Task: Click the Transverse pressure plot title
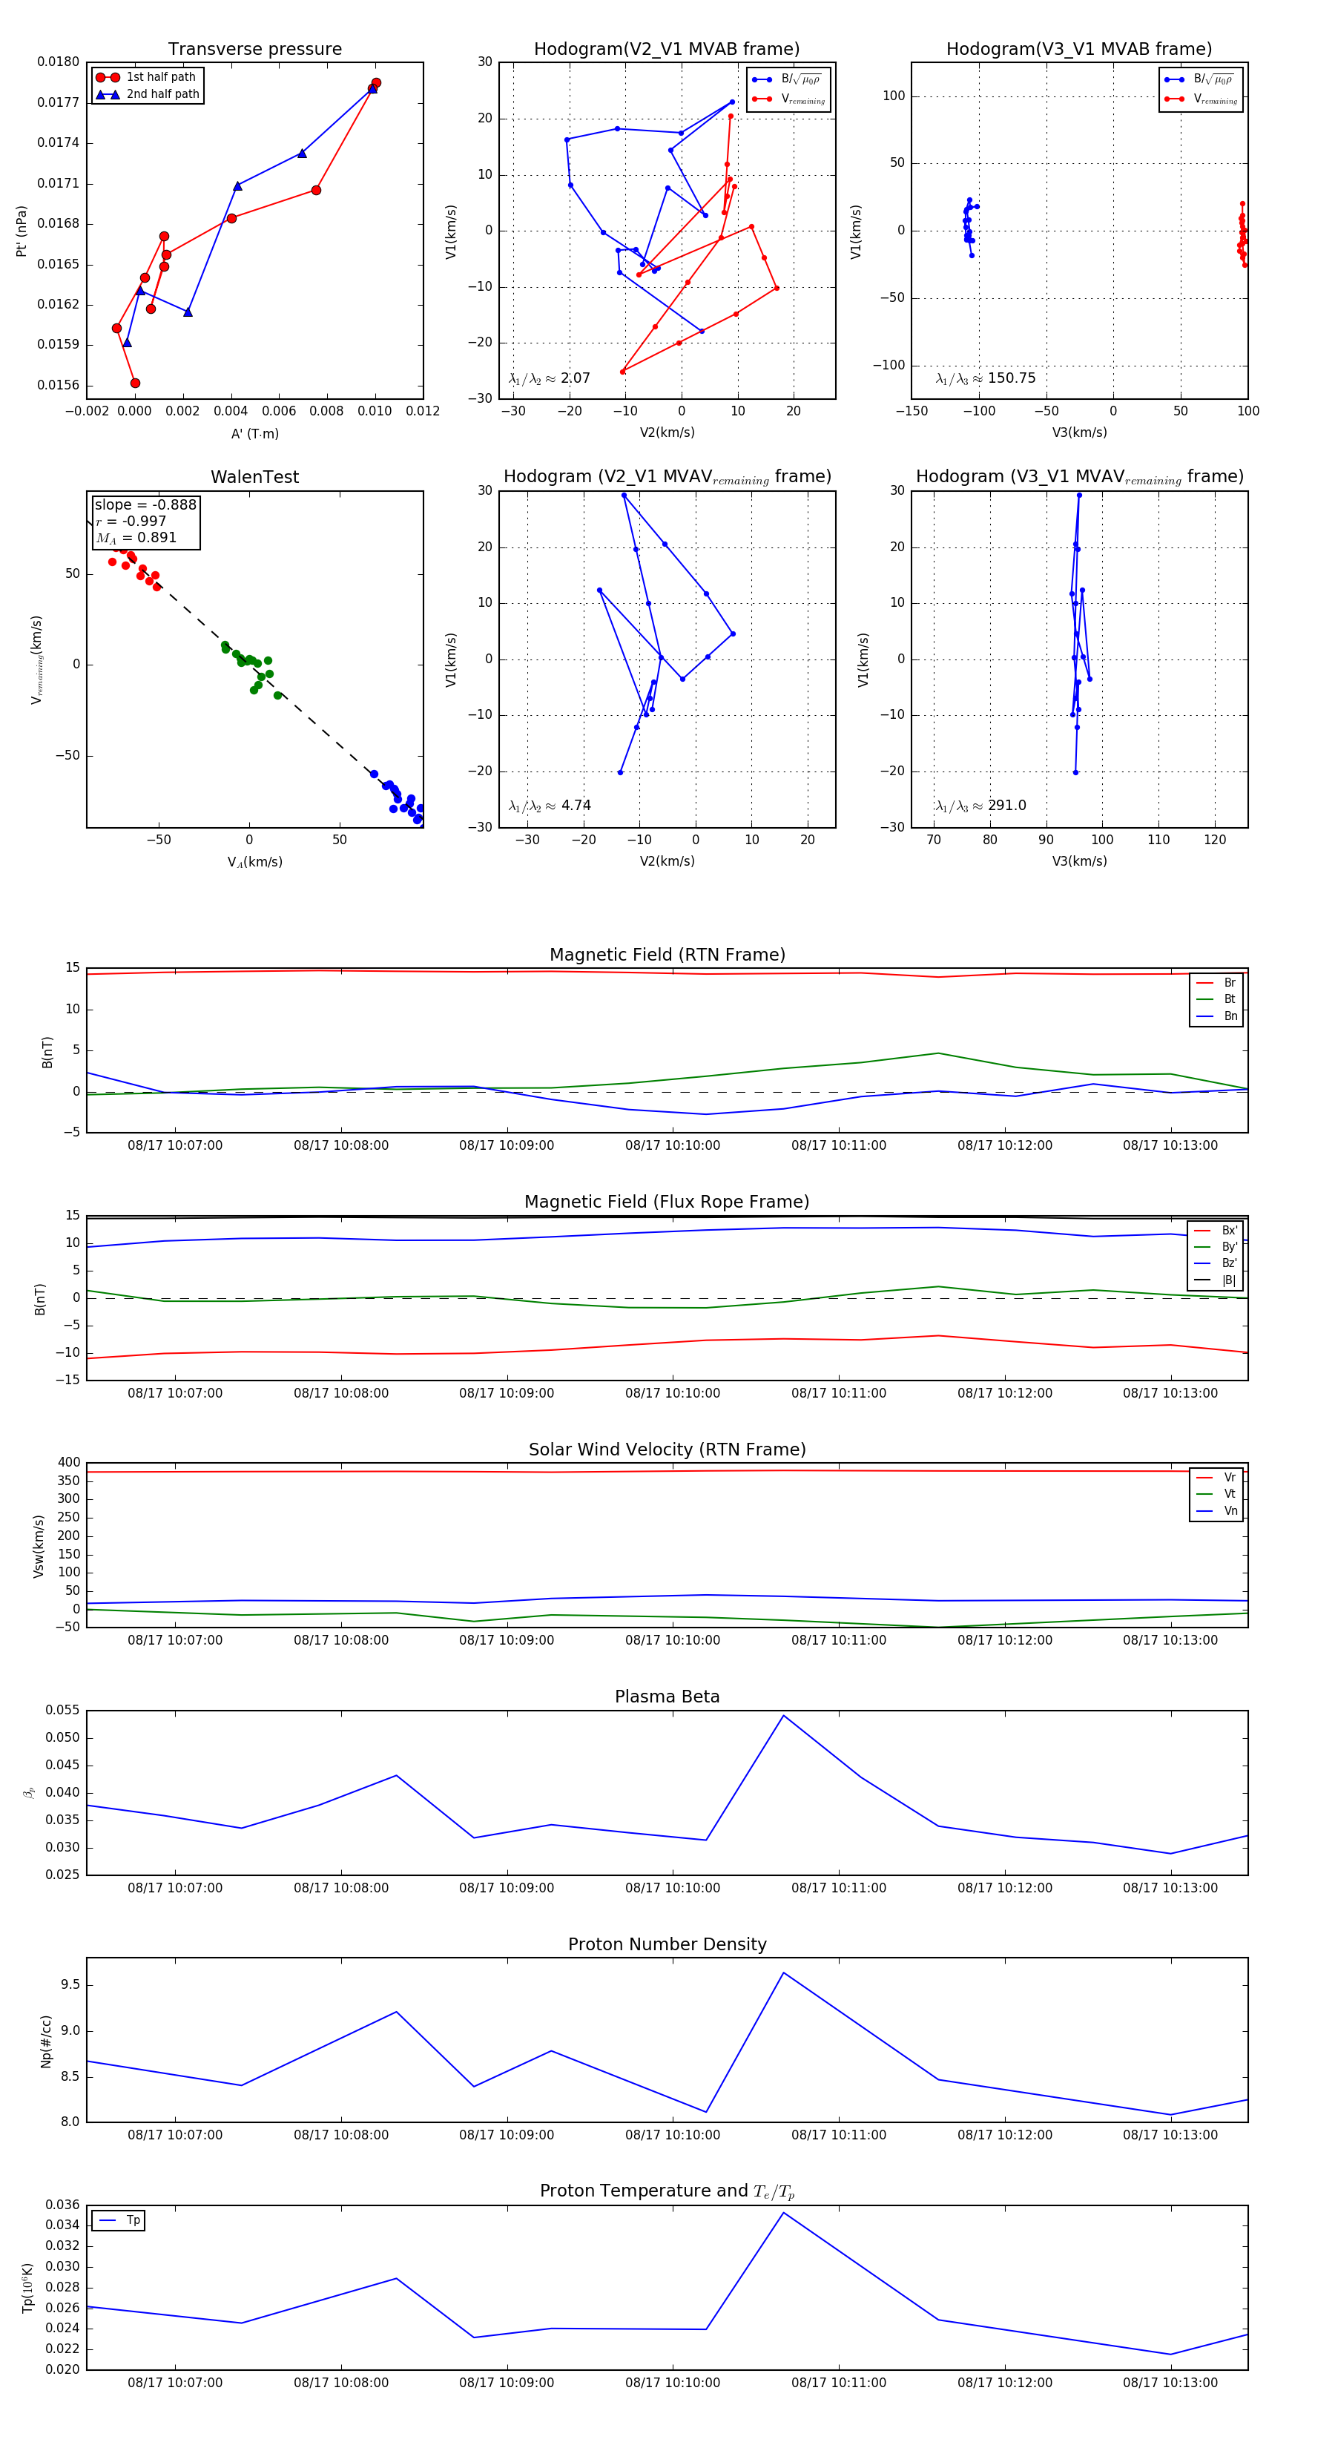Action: pyautogui.click(x=254, y=50)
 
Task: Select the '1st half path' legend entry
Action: pyautogui.click(x=159, y=77)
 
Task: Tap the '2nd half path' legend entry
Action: pyautogui.click(x=162, y=94)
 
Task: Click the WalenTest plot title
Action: pyautogui.click(x=254, y=477)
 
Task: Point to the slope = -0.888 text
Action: pyautogui.click(x=145, y=504)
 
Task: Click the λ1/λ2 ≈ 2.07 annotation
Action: pyautogui.click(x=549, y=378)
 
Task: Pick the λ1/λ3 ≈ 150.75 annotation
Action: pyautogui.click(x=986, y=378)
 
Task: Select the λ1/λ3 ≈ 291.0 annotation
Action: pyautogui.click(x=980, y=806)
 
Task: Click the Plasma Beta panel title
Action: pyautogui.click(x=667, y=1697)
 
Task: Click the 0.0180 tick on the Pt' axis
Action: pyautogui.click(x=58, y=63)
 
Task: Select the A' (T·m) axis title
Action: pyautogui.click(x=254, y=433)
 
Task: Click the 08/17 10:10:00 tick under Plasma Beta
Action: pyautogui.click(x=673, y=1888)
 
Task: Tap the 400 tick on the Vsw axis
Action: pyautogui.click(x=68, y=1463)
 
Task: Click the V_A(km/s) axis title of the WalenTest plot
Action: pyautogui.click(x=254, y=862)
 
